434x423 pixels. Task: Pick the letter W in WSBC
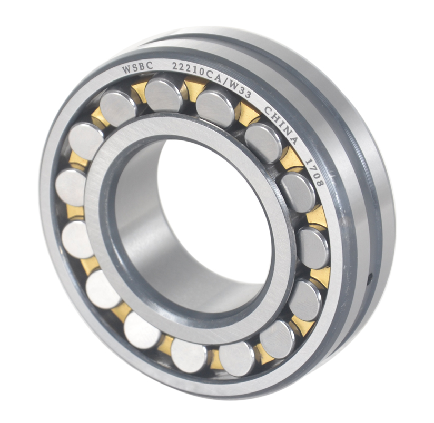[x=126, y=69]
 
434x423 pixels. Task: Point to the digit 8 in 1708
[x=319, y=184]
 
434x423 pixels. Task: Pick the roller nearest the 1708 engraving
[x=298, y=192]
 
